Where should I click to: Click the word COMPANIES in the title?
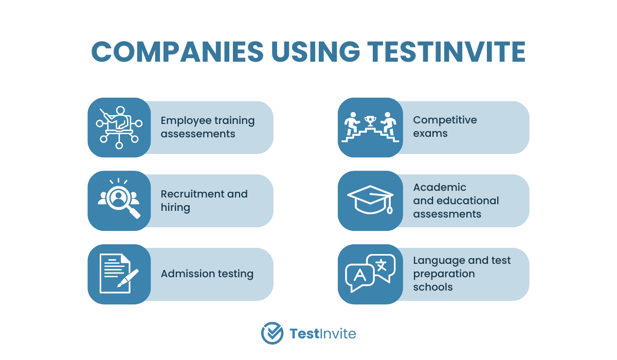click(177, 51)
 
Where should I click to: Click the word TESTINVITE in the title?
click(446, 51)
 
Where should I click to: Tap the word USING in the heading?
click(316, 51)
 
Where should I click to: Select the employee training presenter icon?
click(119, 128)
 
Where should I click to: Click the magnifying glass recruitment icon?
click(119, 199)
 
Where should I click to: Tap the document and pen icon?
click(119, 274)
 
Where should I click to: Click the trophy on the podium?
click(370, 121)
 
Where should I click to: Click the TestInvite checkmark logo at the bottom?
click(272, 333)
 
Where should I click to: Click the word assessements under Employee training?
click(198, 134)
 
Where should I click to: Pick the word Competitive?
click(445, 120)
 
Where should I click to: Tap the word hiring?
click(175, 208)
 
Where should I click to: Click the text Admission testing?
click(207, 274)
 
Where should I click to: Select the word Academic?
click(440, 187)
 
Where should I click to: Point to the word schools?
click(433, 287)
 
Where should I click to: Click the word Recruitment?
click(192, 194)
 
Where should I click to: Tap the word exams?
click(430, 134)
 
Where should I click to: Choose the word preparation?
click(444, 274)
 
